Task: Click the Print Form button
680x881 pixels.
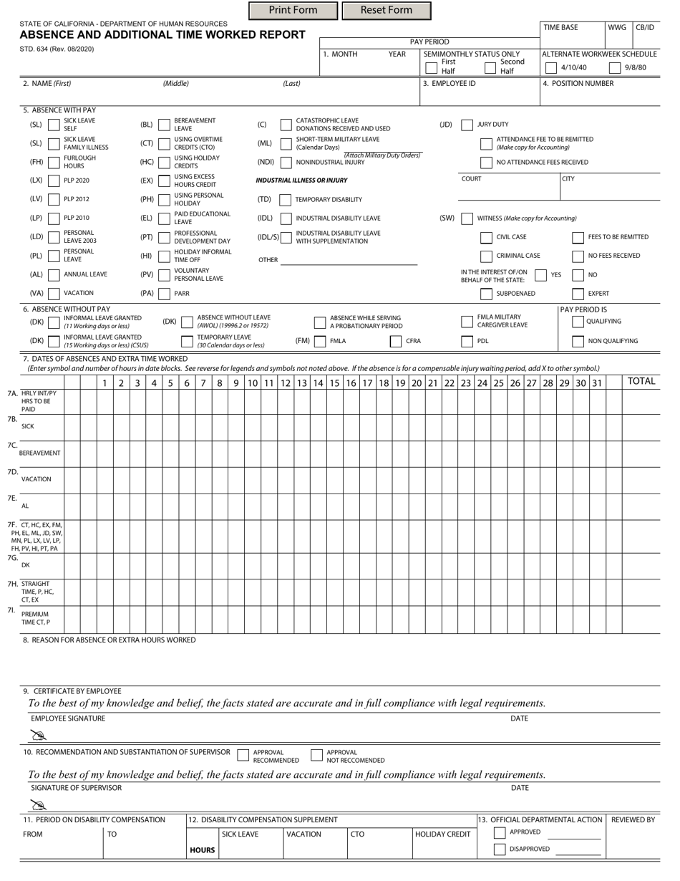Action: pyautogui.click(x=293, y=10)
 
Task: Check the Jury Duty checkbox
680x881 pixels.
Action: pyautogui.click(x=467, y=125)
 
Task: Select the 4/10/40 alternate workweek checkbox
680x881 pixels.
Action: pyautogui.click(x=550, y=68)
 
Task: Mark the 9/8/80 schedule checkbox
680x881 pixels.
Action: pyautogui.click(x=614, y=68)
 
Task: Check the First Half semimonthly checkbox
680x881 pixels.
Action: pyautogui.click(x=431, y=67)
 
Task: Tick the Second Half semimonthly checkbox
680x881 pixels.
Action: pyautogui.click(x=490, y=67)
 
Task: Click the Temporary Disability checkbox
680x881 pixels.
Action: pyautogui.click(x=286, y=200)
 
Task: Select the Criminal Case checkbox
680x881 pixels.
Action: pyautogui.click(x=486, y=256)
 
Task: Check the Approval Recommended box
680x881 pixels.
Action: pyautogui.click(x=243, y=755)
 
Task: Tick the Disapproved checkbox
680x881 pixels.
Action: pyautogui.click(x=500, y=849)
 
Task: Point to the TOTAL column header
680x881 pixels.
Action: pyautogui.click(x=641, y=382)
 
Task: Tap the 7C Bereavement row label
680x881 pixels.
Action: pyautogui.click(x=39, y=453)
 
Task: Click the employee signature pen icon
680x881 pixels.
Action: pyautogui.click(x=38, y=734)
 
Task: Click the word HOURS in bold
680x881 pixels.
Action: pyautogui.click(x=202, y=850)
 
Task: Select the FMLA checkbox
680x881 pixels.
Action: pyautogui.click(x=320, y=342)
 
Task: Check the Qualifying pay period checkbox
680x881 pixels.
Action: pyautogui.click(x=578, y=322)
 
